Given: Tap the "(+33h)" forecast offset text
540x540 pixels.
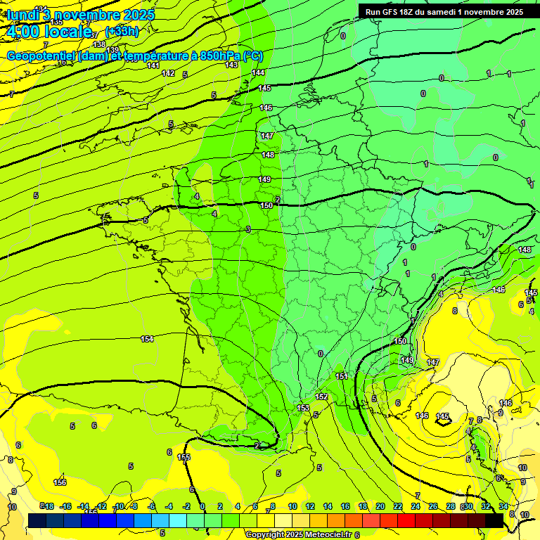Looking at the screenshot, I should pos(122,31).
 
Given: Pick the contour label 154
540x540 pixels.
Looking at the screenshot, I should pos(147,339).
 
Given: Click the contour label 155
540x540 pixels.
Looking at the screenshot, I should pos(184,457).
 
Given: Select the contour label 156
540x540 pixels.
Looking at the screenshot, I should pos(60,482).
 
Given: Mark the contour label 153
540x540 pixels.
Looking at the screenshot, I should pos(303,408).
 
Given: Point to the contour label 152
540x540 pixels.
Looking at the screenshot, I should pos(321,397).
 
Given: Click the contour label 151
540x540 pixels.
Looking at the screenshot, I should pos(342,376).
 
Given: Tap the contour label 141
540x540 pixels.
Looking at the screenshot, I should pos(153,65).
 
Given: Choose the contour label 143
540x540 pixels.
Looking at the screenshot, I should pos(231,65).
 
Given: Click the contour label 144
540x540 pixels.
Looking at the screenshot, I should pos(258,72).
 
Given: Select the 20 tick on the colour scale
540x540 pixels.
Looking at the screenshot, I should pos(380,506).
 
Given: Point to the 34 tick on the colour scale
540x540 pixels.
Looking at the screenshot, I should pos(503,506).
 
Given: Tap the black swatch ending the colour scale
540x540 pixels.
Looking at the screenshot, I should pos(494,520).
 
